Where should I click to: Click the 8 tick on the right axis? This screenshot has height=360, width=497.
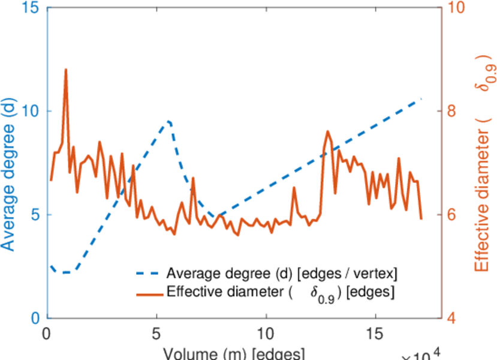(453, 112)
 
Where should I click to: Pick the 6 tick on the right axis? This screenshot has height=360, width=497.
(453, 215)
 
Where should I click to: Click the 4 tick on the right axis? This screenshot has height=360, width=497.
(453, 318)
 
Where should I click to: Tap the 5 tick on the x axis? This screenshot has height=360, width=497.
(156, 332)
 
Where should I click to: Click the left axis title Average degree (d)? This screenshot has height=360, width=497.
(10, 174)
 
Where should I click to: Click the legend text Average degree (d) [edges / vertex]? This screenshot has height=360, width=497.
(282, 274)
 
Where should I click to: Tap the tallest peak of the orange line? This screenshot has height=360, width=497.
(65, 70)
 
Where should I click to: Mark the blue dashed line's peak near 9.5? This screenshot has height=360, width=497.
(170, 121)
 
